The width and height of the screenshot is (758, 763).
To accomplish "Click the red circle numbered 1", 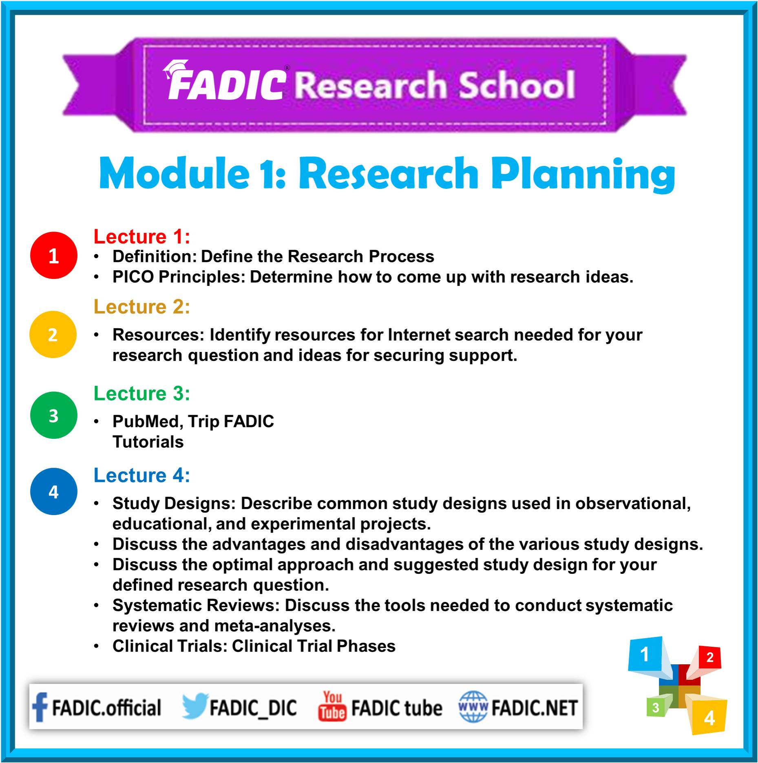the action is (x=53, y=255).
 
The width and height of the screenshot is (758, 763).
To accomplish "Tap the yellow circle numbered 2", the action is (x=53, y=334).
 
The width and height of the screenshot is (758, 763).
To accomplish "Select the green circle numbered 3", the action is (x=53, y=415).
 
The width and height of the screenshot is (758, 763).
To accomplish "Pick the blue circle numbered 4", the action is (x=53, y=491).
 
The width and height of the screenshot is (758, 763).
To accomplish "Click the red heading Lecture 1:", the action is (x=142, y=237).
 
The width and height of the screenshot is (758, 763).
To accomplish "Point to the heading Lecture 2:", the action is (x=142, y=307).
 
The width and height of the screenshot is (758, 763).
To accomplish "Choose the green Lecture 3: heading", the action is (x=142, y=394).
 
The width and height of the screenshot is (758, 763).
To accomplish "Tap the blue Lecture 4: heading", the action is (x=142, y=475).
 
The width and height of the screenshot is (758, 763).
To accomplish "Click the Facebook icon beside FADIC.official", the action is (x=40, y=707).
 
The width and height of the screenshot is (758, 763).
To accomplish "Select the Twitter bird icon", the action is (x=195, y=706).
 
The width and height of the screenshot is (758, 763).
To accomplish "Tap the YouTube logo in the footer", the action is (x=332, y=706).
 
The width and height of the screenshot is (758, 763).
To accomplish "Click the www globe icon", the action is (x=473, y=707).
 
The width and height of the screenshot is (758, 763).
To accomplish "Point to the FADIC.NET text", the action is (x=534, y=708).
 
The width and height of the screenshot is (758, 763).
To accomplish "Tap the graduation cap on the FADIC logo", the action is (x=175, y=69).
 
